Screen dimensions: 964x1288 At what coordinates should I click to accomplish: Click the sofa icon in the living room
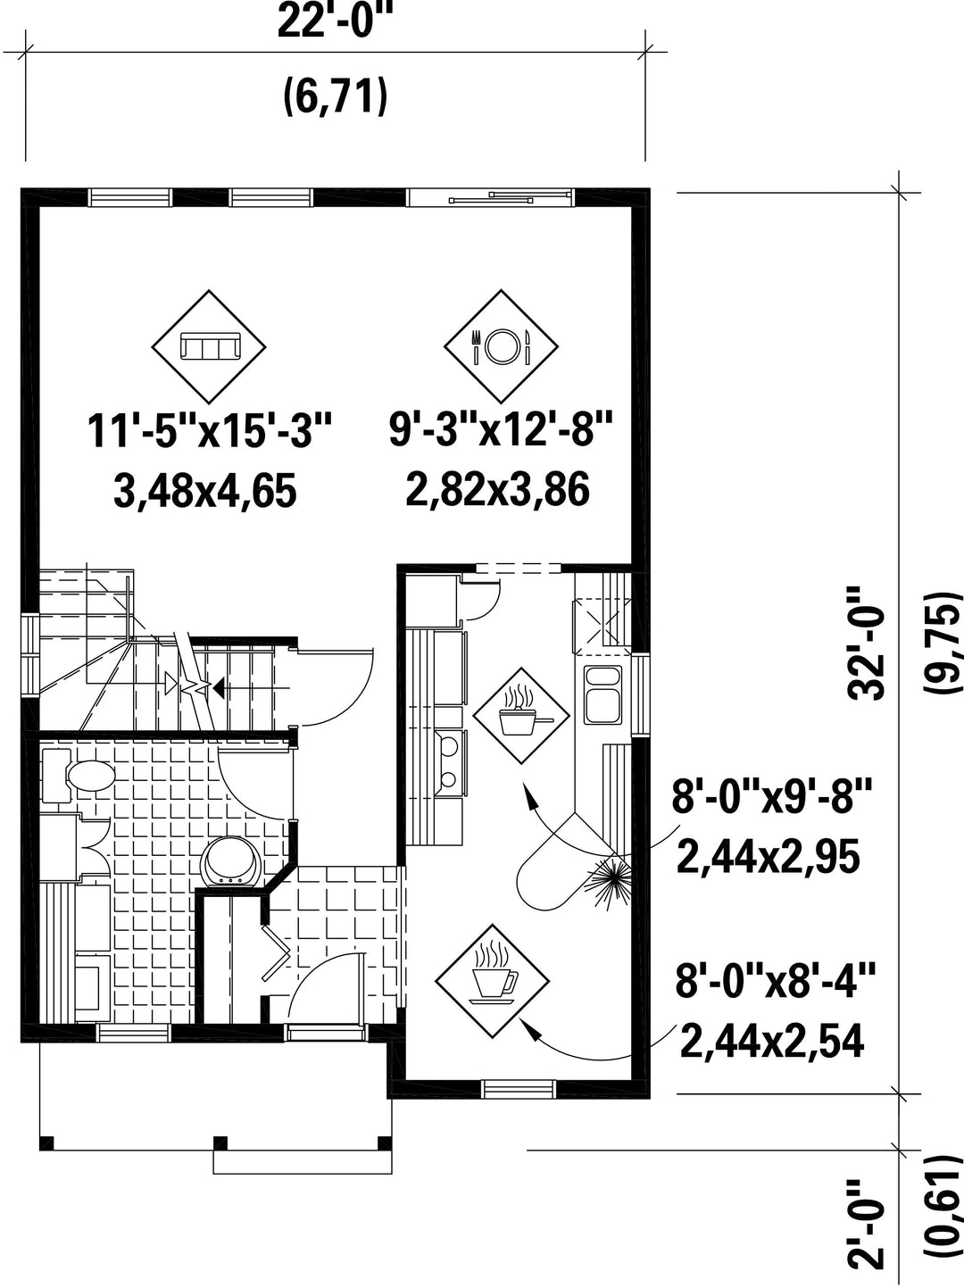209,346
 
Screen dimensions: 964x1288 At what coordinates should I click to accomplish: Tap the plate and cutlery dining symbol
501,346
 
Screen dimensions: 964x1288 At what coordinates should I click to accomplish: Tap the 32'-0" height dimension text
868,643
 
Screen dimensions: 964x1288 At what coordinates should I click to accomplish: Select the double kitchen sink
602,694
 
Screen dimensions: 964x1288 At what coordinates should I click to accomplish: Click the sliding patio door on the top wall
490,196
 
